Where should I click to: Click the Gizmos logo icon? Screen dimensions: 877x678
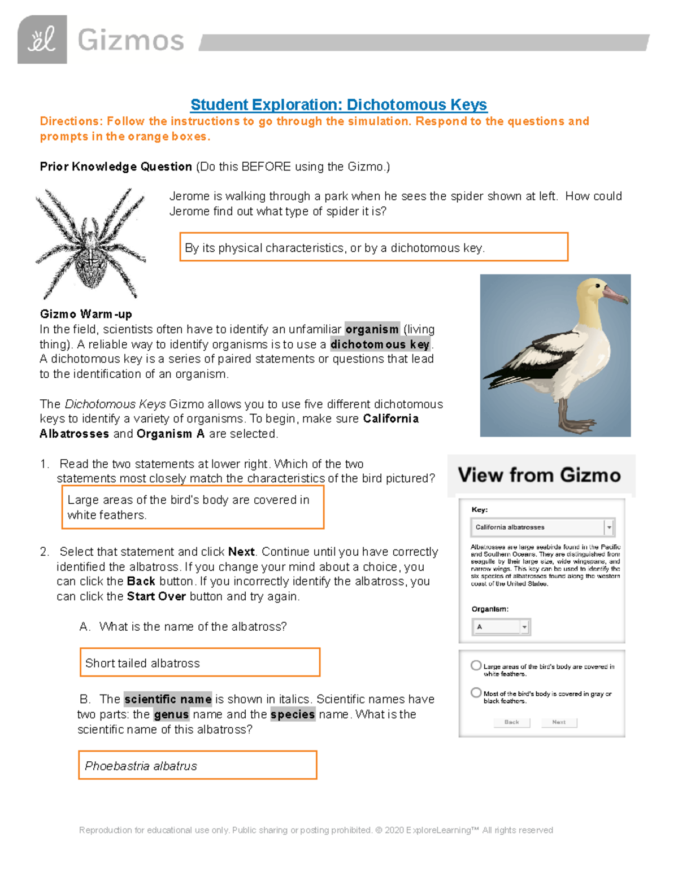(x=42, y=40)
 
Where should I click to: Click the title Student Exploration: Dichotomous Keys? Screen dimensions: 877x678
(x=338, y=104)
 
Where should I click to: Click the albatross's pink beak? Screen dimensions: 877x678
(x=615, y=294)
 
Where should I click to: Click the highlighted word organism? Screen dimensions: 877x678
(x=372, y=329)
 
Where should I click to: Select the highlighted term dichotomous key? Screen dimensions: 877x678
(x=380, y=344)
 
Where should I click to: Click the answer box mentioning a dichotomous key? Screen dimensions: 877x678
(x=373, y=247)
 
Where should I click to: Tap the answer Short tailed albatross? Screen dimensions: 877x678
(x=200, y=662)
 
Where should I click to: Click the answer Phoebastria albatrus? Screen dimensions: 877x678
(x=197, y=765)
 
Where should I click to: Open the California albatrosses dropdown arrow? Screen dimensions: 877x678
(x=609, y=527)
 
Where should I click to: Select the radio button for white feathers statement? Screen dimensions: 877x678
(x=476, y=666)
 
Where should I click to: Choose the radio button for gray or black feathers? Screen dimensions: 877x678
(x=476, y=693)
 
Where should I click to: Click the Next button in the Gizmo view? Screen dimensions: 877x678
(x=559, y=722)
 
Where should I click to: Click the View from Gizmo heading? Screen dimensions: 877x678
(x=539, y=475)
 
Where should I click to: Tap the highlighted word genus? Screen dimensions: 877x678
(x=171, y=714)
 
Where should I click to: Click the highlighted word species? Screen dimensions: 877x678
(x=293, y=714)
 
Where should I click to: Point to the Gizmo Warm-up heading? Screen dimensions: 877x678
(x=86, y=314)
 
